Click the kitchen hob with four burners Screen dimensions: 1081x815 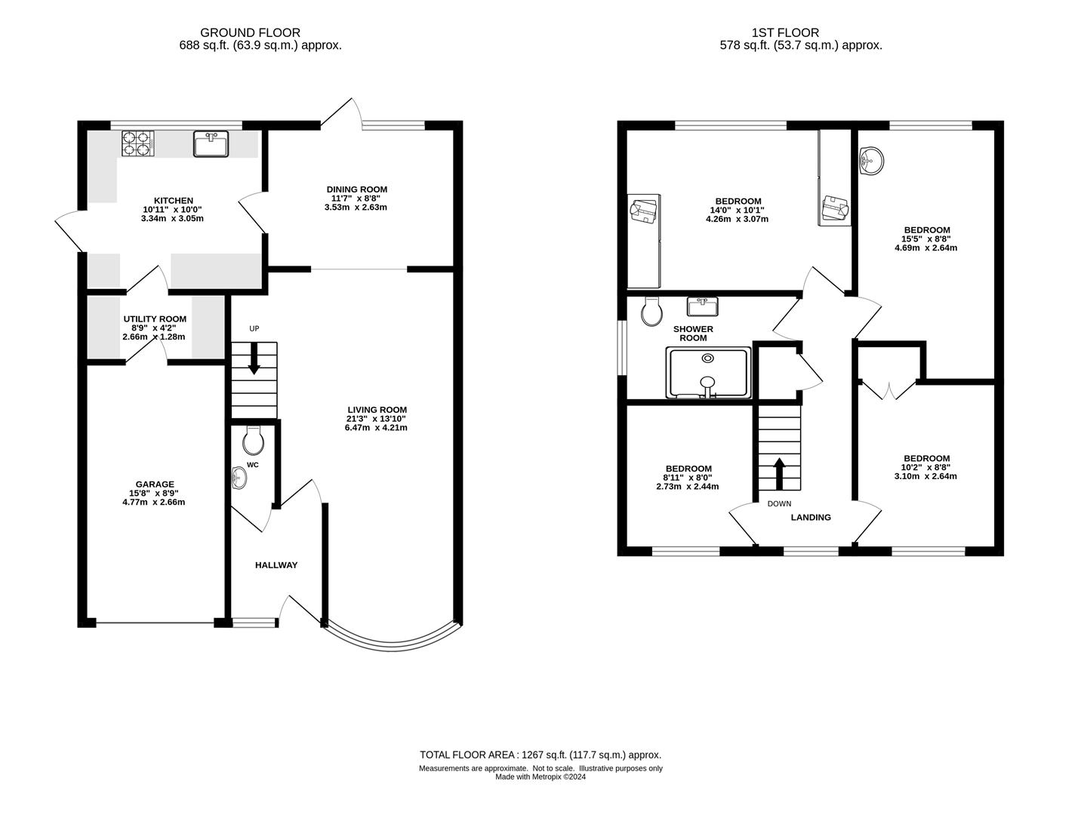[138, 143]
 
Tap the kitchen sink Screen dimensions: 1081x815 [211, 143]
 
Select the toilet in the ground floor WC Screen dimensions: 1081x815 [253, 441]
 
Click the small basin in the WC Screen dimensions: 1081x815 [239, 478]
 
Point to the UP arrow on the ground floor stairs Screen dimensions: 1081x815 [254, 358]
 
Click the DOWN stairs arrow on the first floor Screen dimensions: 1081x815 [779, 474]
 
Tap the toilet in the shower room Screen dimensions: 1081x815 [652, 311]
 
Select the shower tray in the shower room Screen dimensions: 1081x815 [708, 373]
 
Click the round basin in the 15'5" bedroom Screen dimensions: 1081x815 [871, 161]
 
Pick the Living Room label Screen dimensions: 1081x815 [377, 418]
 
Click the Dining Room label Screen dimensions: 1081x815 [356, 198]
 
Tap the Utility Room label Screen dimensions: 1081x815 [155, 328]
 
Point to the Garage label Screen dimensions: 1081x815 [155, 493]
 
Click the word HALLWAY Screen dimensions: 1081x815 [276, 565]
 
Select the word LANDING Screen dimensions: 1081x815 [811, 517]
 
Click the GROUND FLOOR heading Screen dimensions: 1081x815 [250, 33]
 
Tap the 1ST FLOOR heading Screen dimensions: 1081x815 [785, 33]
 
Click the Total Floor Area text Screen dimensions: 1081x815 [540, 755]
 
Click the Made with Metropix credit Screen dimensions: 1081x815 [540, 777]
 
